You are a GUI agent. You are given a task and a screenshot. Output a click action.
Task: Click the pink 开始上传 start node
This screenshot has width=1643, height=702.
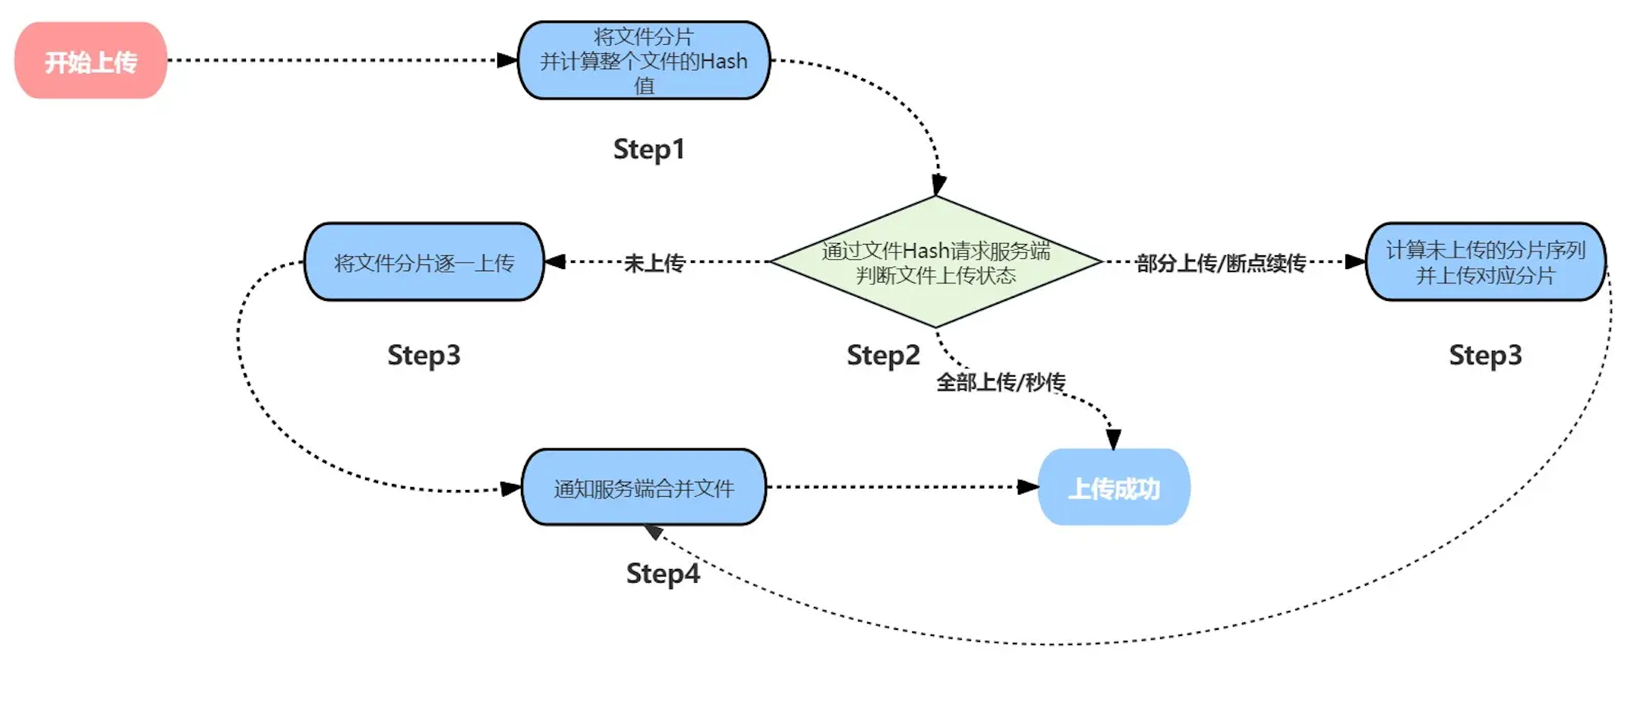click(x=90, y=61)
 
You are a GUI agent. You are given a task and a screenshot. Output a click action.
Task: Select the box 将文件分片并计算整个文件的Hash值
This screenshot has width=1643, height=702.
click(x=644, y=61)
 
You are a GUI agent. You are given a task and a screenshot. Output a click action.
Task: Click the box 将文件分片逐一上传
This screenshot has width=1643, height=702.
click(x=424, y=262)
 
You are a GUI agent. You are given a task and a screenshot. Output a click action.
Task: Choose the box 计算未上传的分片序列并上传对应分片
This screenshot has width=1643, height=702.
click(x=1485, y=262)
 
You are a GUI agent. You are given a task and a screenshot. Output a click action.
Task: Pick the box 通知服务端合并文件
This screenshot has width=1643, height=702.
click(x=644, y=488)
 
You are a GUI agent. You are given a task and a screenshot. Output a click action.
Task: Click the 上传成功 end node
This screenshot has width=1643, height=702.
click(x=1114, y=488)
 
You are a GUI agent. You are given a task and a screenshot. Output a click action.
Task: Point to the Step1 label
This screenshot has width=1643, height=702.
click(x=649, y=149)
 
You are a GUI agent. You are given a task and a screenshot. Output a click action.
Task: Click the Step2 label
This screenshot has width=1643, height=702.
click(x=883, y=355)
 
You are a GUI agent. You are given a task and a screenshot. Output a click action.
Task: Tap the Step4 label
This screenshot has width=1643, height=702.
click(x=663, y=574)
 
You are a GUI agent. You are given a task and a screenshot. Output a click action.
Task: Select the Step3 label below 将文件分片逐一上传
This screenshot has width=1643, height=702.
click(x=424, y=355)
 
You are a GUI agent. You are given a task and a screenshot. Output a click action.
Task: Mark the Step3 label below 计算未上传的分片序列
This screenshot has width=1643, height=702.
click(x=1485, y=355)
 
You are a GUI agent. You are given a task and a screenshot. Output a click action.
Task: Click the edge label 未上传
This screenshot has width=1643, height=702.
click(x=654, y=263)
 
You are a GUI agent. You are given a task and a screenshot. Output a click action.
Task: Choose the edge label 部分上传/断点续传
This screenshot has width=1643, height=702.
click(x=1221, y=263)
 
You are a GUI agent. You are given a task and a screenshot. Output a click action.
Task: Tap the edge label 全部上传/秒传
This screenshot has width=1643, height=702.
click(x=1001, y=381)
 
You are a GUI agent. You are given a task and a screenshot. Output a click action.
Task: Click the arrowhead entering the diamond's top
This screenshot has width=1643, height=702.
click(x=938, y=185)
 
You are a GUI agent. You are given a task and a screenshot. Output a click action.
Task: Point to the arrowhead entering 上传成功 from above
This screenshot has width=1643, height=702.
click(x=1113, y=439)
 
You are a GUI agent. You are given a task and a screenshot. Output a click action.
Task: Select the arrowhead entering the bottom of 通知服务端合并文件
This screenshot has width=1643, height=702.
click(x=653, y=532)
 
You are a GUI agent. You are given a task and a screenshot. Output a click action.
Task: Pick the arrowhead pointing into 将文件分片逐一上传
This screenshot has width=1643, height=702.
click(x=555, y=262)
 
